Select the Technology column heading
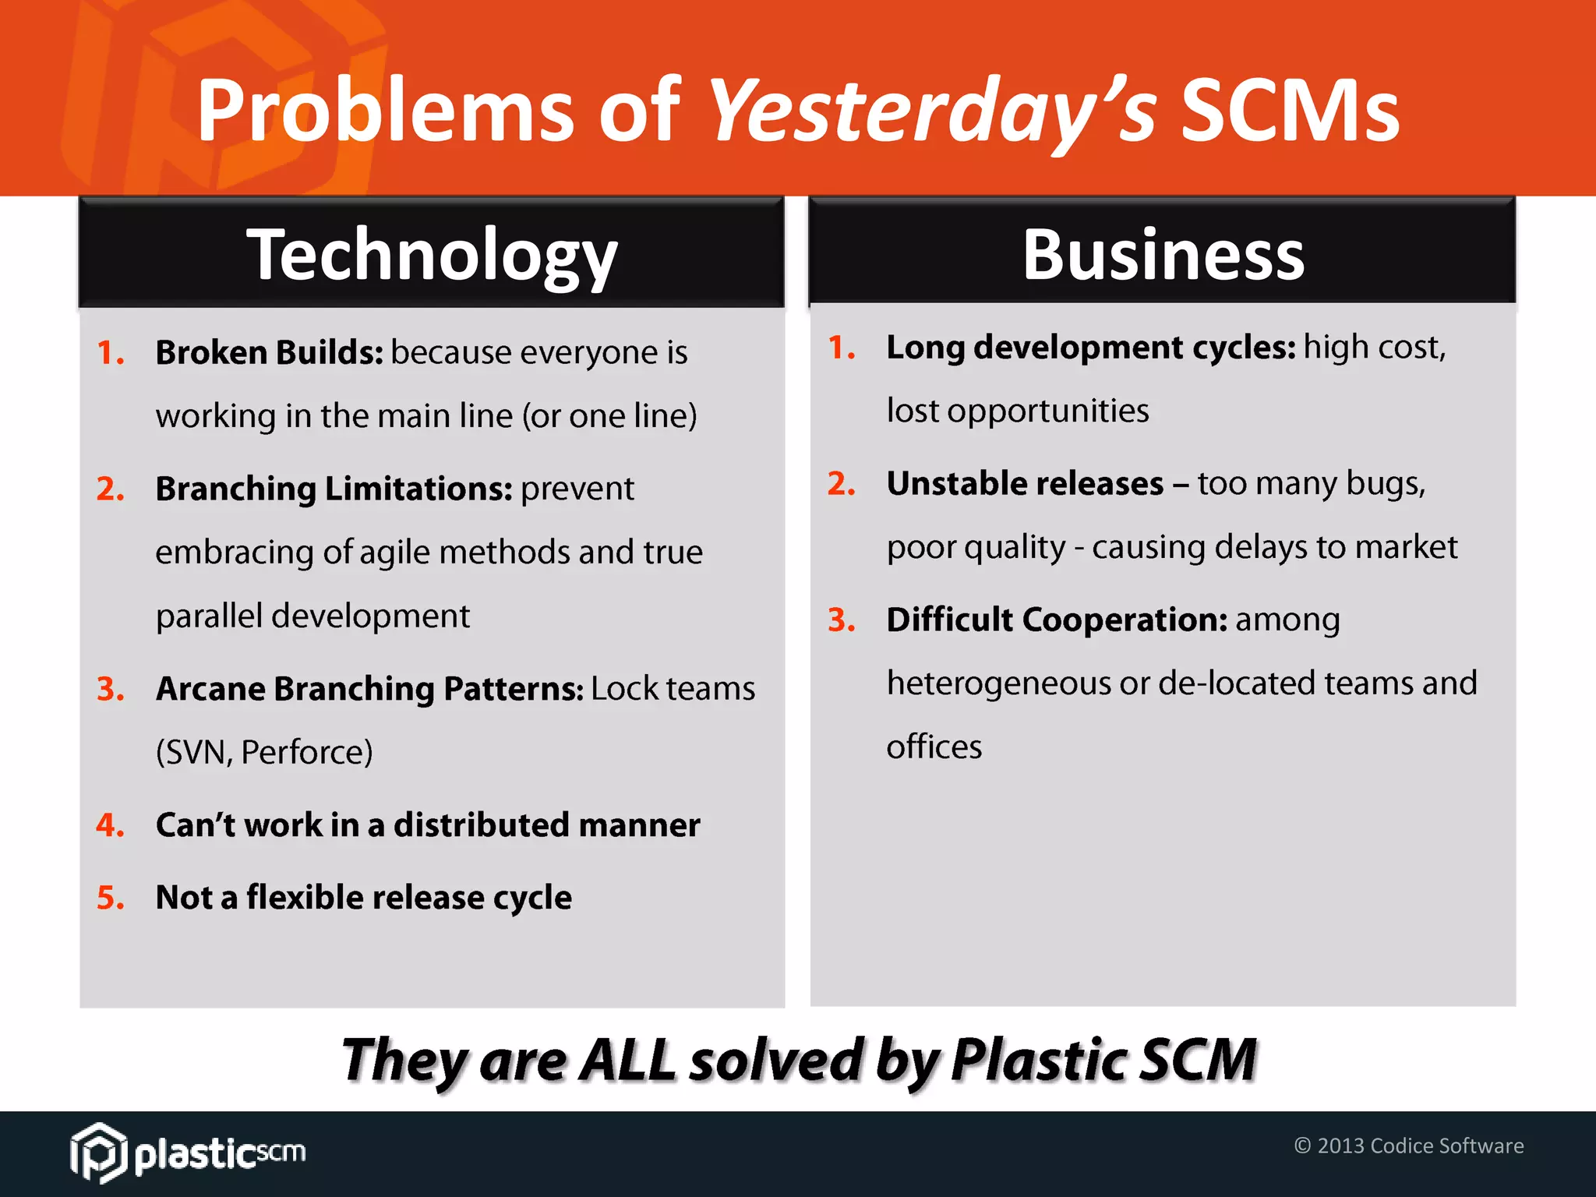click(x=432, y=255)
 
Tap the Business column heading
click(x=1163, y=255)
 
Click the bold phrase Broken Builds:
click(x=269, y=352)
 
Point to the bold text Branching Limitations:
click(x=334, y=489)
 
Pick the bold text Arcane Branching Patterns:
click(x=369, y=689)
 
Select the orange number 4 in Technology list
click(x=110, y=825)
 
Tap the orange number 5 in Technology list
click(x=110, y=898)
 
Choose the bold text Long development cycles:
click(x=1090, y=348)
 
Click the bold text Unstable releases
click(x=1025, y=484)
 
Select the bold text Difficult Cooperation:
click(x=1057, y=620)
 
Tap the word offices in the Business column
click(x=934, y=747)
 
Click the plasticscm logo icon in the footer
click(x=97, y=1152)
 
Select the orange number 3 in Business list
click(x=841, y=620)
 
